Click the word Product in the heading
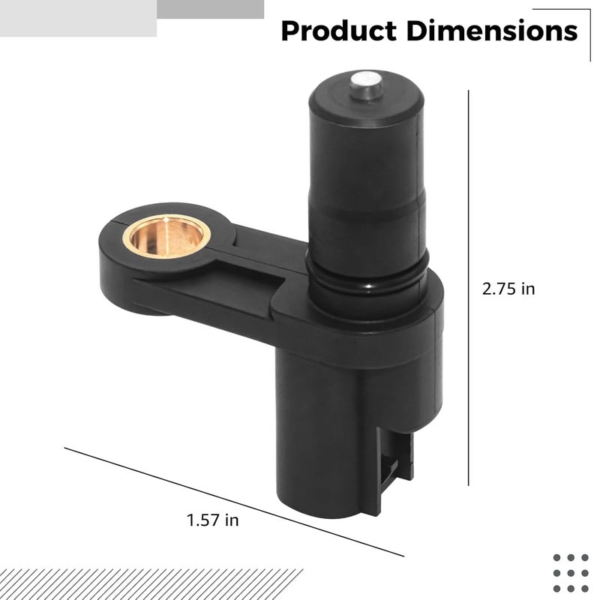(x=339, y=31)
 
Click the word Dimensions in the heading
(x=492, y=31)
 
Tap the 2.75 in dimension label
(x=508, y=289)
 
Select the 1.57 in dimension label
(x=212, y=520)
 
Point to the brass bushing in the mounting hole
(x=166, y=236)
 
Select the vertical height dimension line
(x=468, y=288)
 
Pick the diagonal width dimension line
(x=234, y=502)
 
